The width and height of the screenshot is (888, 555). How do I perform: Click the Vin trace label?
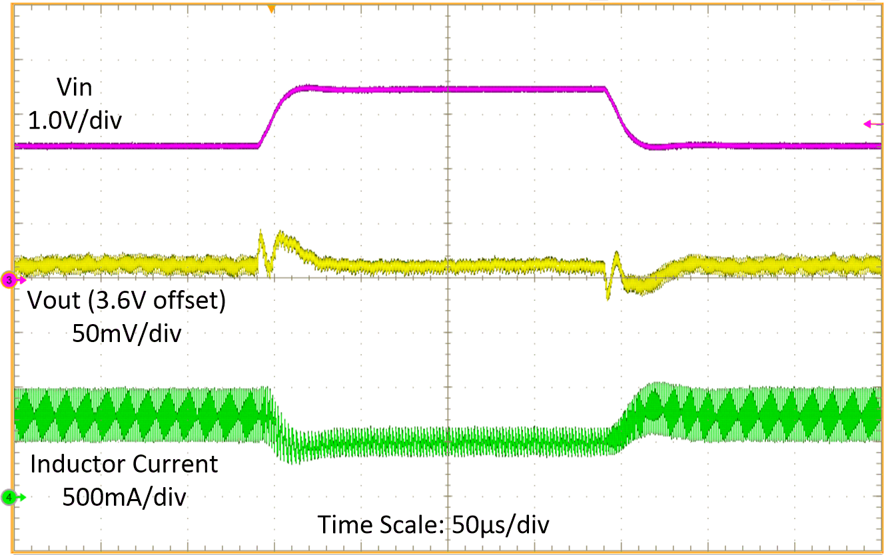coord(75,87)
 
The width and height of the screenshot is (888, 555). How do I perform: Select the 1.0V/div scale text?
coord(74,121)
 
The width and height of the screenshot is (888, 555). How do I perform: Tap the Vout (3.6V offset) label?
coord(127,301)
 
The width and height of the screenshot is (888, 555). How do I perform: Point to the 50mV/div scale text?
coord(127,333)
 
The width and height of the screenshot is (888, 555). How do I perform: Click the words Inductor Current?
coord(124,464)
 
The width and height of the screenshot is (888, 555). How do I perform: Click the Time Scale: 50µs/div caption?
coord(434,524)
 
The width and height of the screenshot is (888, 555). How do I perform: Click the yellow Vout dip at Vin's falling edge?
coord(608,293)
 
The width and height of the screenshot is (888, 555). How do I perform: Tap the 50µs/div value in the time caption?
coord(501,524)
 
